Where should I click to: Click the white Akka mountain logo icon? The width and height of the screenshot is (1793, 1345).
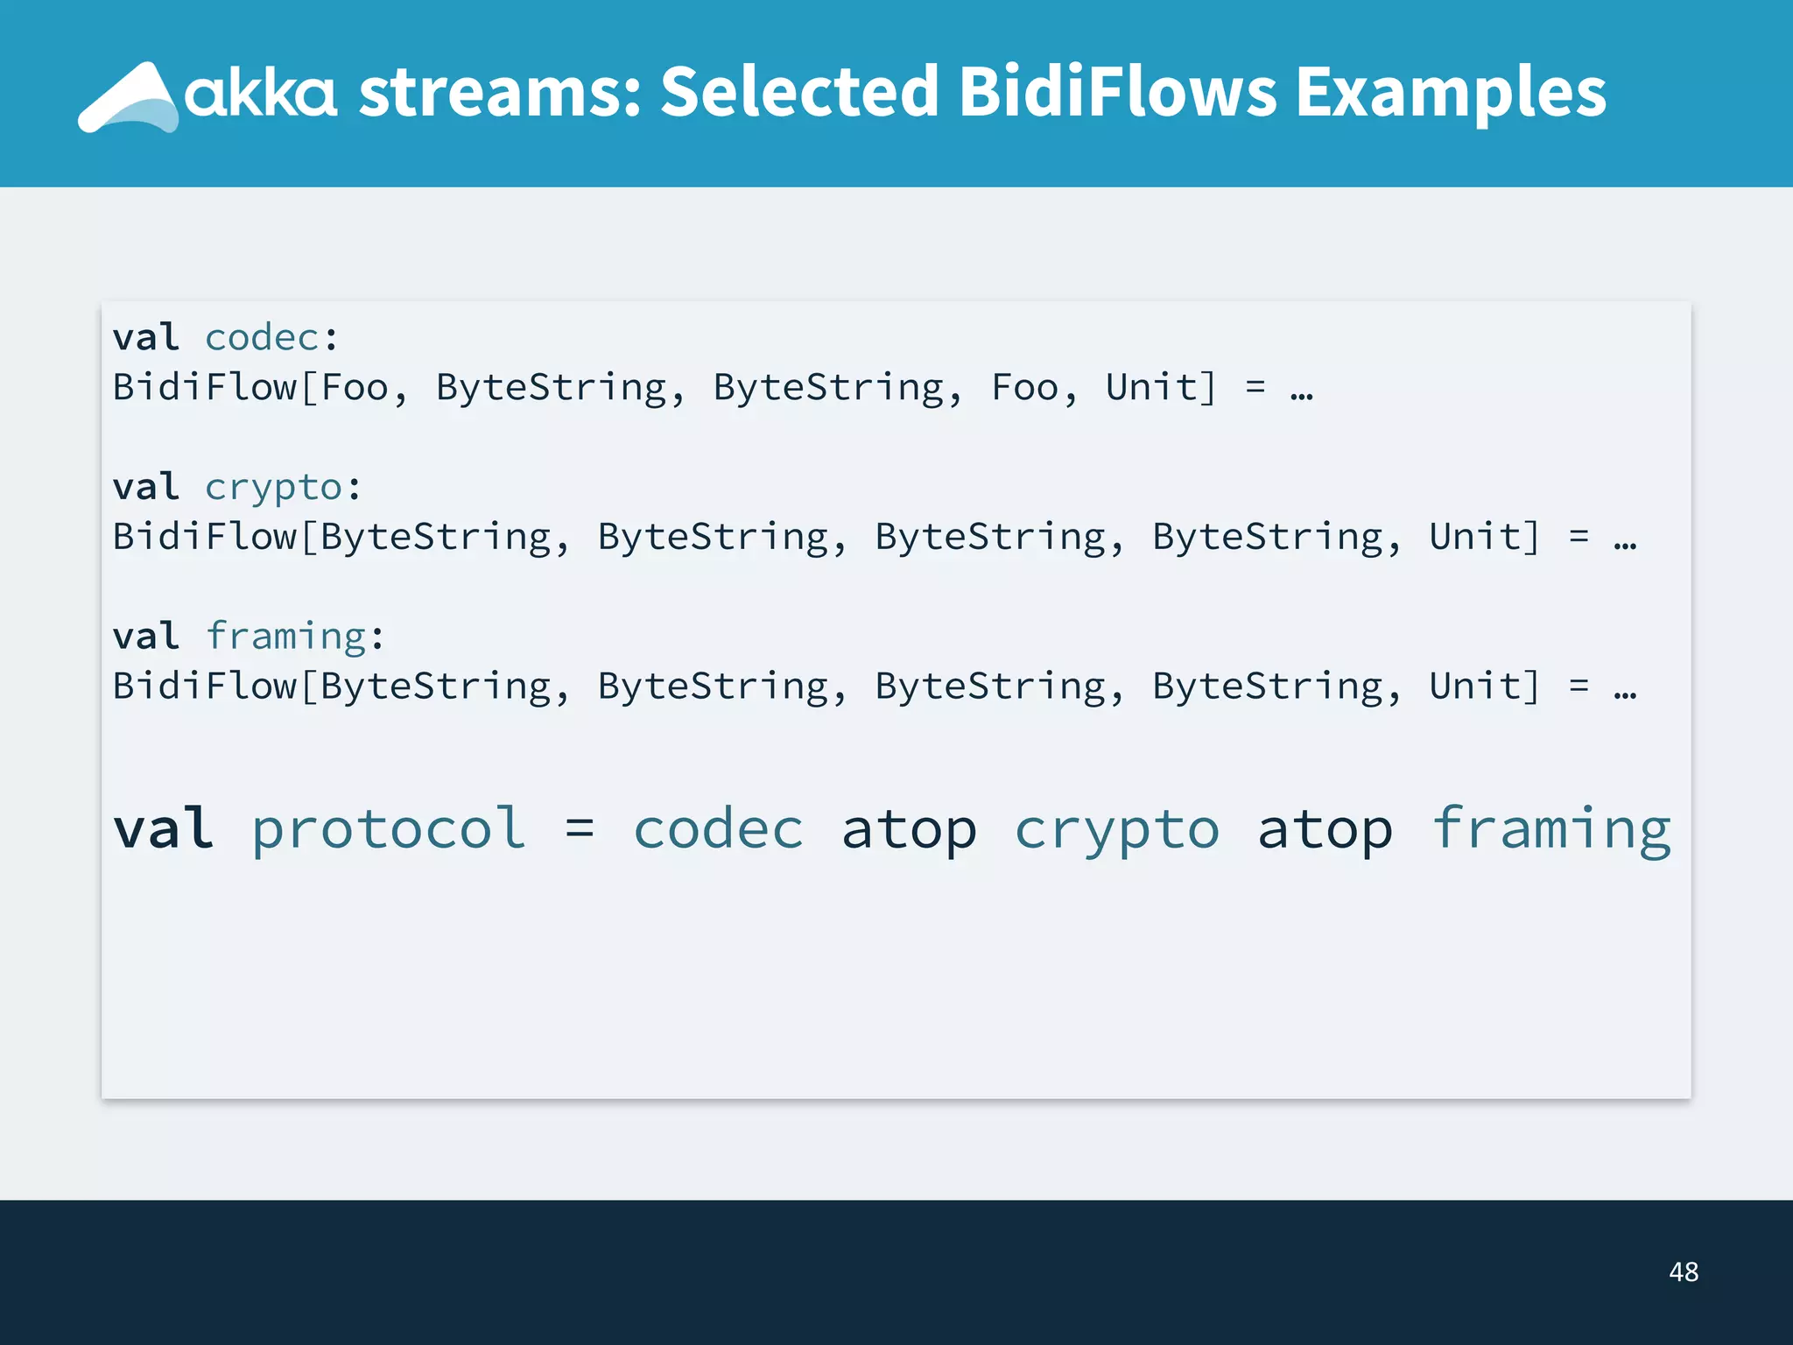(x=128, y=98)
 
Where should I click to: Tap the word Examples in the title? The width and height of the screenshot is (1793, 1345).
(x=1450, y=93)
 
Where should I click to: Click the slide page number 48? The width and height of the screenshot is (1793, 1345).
(x=1683, y=1271)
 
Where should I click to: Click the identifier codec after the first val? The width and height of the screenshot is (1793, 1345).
(x=262, y=338)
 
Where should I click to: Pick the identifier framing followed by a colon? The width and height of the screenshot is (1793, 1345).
(x=285, y=637)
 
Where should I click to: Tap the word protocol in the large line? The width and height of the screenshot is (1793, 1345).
(x=389, y=829)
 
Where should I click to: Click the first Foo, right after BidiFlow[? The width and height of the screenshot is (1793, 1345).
(x=355, y=388)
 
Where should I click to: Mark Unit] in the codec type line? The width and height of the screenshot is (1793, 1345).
(x=1161, y=388)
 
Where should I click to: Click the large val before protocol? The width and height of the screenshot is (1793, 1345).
(x=163, y=828)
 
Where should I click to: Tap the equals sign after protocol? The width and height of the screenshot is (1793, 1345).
(x=580, y=828)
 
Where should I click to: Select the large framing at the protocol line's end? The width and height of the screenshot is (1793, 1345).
(x=1551, y=829)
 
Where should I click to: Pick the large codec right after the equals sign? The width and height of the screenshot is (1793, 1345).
(x=718, y=829)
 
